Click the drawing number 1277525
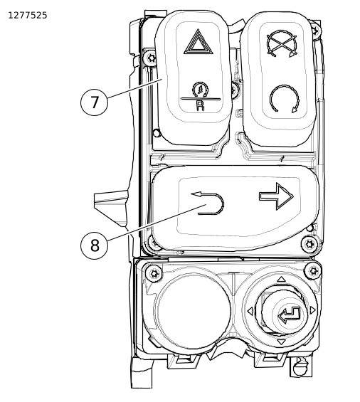pos(28,16)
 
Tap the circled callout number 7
pos(95,102)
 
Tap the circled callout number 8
pos(95,245)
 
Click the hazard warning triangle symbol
pos(198,42)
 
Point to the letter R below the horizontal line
pos(200,105)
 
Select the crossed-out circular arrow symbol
pos(282,43)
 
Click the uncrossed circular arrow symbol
pos(285,99)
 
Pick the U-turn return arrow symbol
pos(208,203)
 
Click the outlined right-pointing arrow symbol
pos(276,196)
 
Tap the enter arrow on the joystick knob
pos(290,315)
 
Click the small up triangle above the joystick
pos(281,279)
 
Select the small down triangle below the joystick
pos(281,342)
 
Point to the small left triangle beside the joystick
pos(250,312)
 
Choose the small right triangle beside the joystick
pos(313,310)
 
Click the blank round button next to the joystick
pos(193,312)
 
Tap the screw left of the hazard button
pos(150,58)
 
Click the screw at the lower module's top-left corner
pos(154,273)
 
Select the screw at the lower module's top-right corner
pos(313,271)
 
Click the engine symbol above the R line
pos(200,90)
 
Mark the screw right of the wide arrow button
pos(309,244)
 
